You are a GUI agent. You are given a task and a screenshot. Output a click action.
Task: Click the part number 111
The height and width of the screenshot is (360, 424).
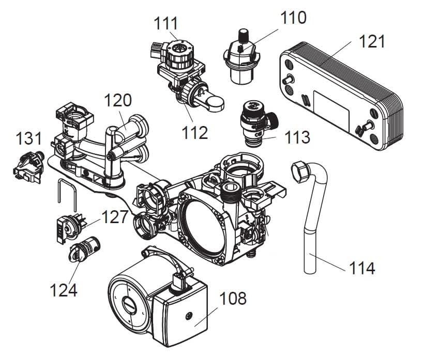point(166,23)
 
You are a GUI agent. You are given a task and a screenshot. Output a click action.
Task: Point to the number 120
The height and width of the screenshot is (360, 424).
point(118,100)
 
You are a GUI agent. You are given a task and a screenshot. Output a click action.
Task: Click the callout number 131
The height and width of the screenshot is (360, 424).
point(29,139)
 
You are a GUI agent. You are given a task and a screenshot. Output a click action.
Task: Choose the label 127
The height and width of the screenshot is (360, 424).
point(114,216)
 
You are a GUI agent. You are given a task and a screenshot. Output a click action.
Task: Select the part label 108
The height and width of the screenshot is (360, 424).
point(233,299)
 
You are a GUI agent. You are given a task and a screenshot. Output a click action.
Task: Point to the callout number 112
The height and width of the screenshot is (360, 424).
point(194,132)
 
